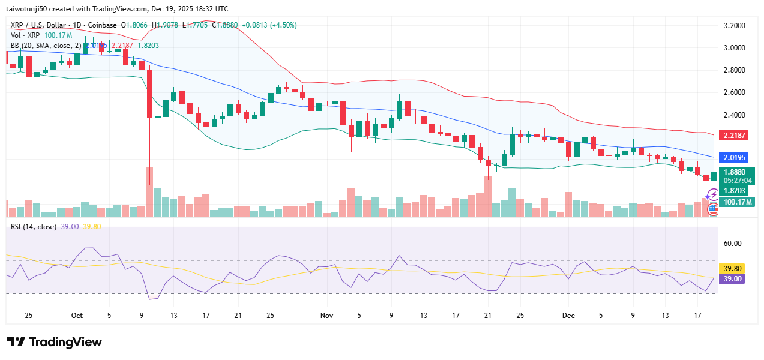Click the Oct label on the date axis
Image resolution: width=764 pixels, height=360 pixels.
[x=77, y=315]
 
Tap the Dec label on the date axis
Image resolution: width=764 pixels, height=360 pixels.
[x=569, y=315]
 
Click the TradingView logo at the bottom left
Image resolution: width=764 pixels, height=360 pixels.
[x=55, y=342]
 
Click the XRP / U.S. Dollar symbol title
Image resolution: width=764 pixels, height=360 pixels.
[x=39, y=25]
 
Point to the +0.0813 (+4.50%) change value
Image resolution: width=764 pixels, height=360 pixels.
[x=269, y=25]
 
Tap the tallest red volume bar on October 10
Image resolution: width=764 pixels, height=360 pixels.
[x=149, y=192]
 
